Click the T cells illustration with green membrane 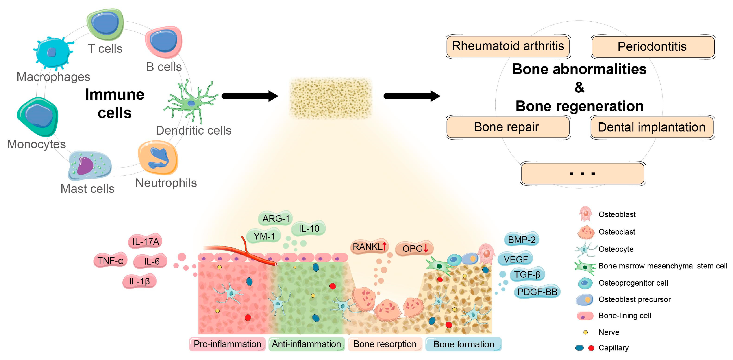tap(105, 24)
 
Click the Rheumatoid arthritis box tap(508, 46)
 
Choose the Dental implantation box tap(652, 127)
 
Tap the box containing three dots tap(583, 174)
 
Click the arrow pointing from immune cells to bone tap(250, 96)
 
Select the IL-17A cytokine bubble tap(145, 242)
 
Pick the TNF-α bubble tap(110, 260)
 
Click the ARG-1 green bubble tap(275, 218)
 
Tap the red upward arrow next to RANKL tap(384, 246)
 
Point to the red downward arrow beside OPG tap(426, 248)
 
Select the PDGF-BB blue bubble tap(537, 292)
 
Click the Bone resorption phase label tap(385, 344)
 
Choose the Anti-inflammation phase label tap(306, 344)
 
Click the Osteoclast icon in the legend tap(586, 232)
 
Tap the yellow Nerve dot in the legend tap(585, 332)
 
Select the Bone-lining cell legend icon tap(585, 316)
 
